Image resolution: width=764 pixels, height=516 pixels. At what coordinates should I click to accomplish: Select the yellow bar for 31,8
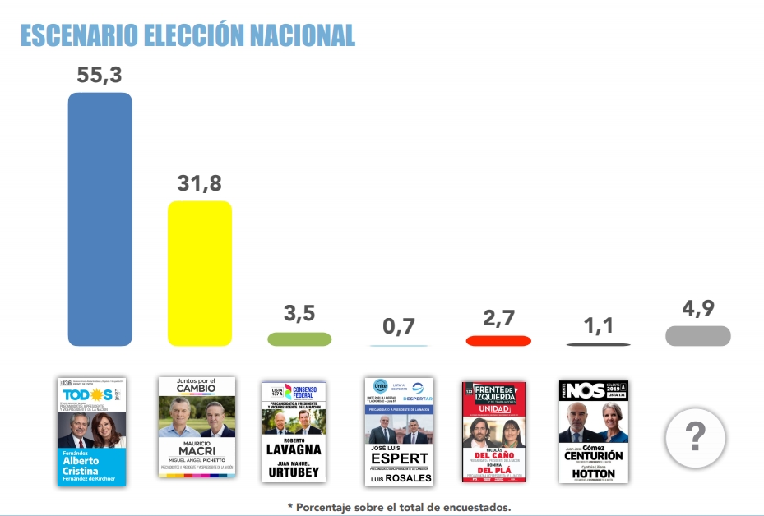[200, 273]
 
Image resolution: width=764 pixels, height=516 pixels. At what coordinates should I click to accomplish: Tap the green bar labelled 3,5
[299, 339]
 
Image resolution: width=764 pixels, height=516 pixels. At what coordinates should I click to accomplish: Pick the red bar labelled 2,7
[498, 340]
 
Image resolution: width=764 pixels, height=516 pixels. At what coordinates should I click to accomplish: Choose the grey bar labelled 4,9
[697, 335]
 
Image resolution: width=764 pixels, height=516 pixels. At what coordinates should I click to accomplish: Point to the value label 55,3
[100, 75]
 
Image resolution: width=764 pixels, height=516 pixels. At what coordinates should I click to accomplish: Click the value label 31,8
[200, 184]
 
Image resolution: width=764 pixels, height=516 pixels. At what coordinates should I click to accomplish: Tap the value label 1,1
[598, 327]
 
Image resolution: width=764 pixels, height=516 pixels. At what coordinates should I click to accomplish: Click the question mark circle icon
[695, 437]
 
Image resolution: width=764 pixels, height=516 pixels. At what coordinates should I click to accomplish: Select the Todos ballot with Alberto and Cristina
[91, 431]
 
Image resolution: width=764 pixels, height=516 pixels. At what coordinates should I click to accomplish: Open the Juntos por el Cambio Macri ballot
[197, 427]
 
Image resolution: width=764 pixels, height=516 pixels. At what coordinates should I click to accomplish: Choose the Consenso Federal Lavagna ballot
[294, 431]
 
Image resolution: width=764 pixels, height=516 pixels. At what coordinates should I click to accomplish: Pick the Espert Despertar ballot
[399, 431]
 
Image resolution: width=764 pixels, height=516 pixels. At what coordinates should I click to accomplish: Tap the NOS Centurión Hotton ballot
[593, 431]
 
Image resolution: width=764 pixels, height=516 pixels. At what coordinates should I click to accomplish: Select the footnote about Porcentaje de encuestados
[399, 507]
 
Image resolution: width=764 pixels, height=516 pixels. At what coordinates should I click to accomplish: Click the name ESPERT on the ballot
[399, 458]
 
